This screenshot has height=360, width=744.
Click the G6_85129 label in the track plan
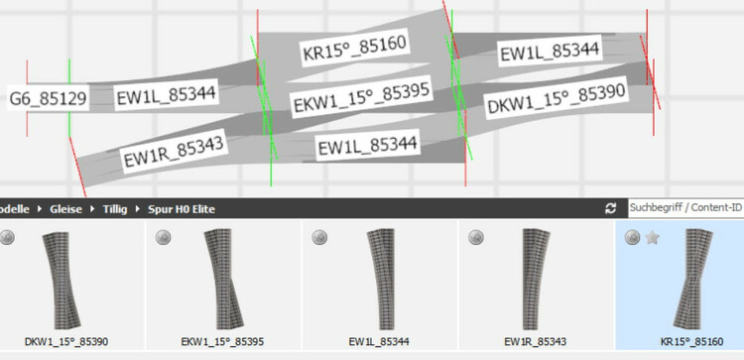[48, 98]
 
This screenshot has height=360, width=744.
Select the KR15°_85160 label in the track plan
[355, 49]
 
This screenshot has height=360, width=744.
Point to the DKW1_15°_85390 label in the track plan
[557, 98]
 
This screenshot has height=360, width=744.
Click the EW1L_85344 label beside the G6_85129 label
[167, 95]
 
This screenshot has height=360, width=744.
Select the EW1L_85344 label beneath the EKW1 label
[368, 145]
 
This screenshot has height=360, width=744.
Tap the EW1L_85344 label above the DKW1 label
[550, 51]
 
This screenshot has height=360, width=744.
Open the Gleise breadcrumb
[65, 209]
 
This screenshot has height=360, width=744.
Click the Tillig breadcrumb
[115, 209]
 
